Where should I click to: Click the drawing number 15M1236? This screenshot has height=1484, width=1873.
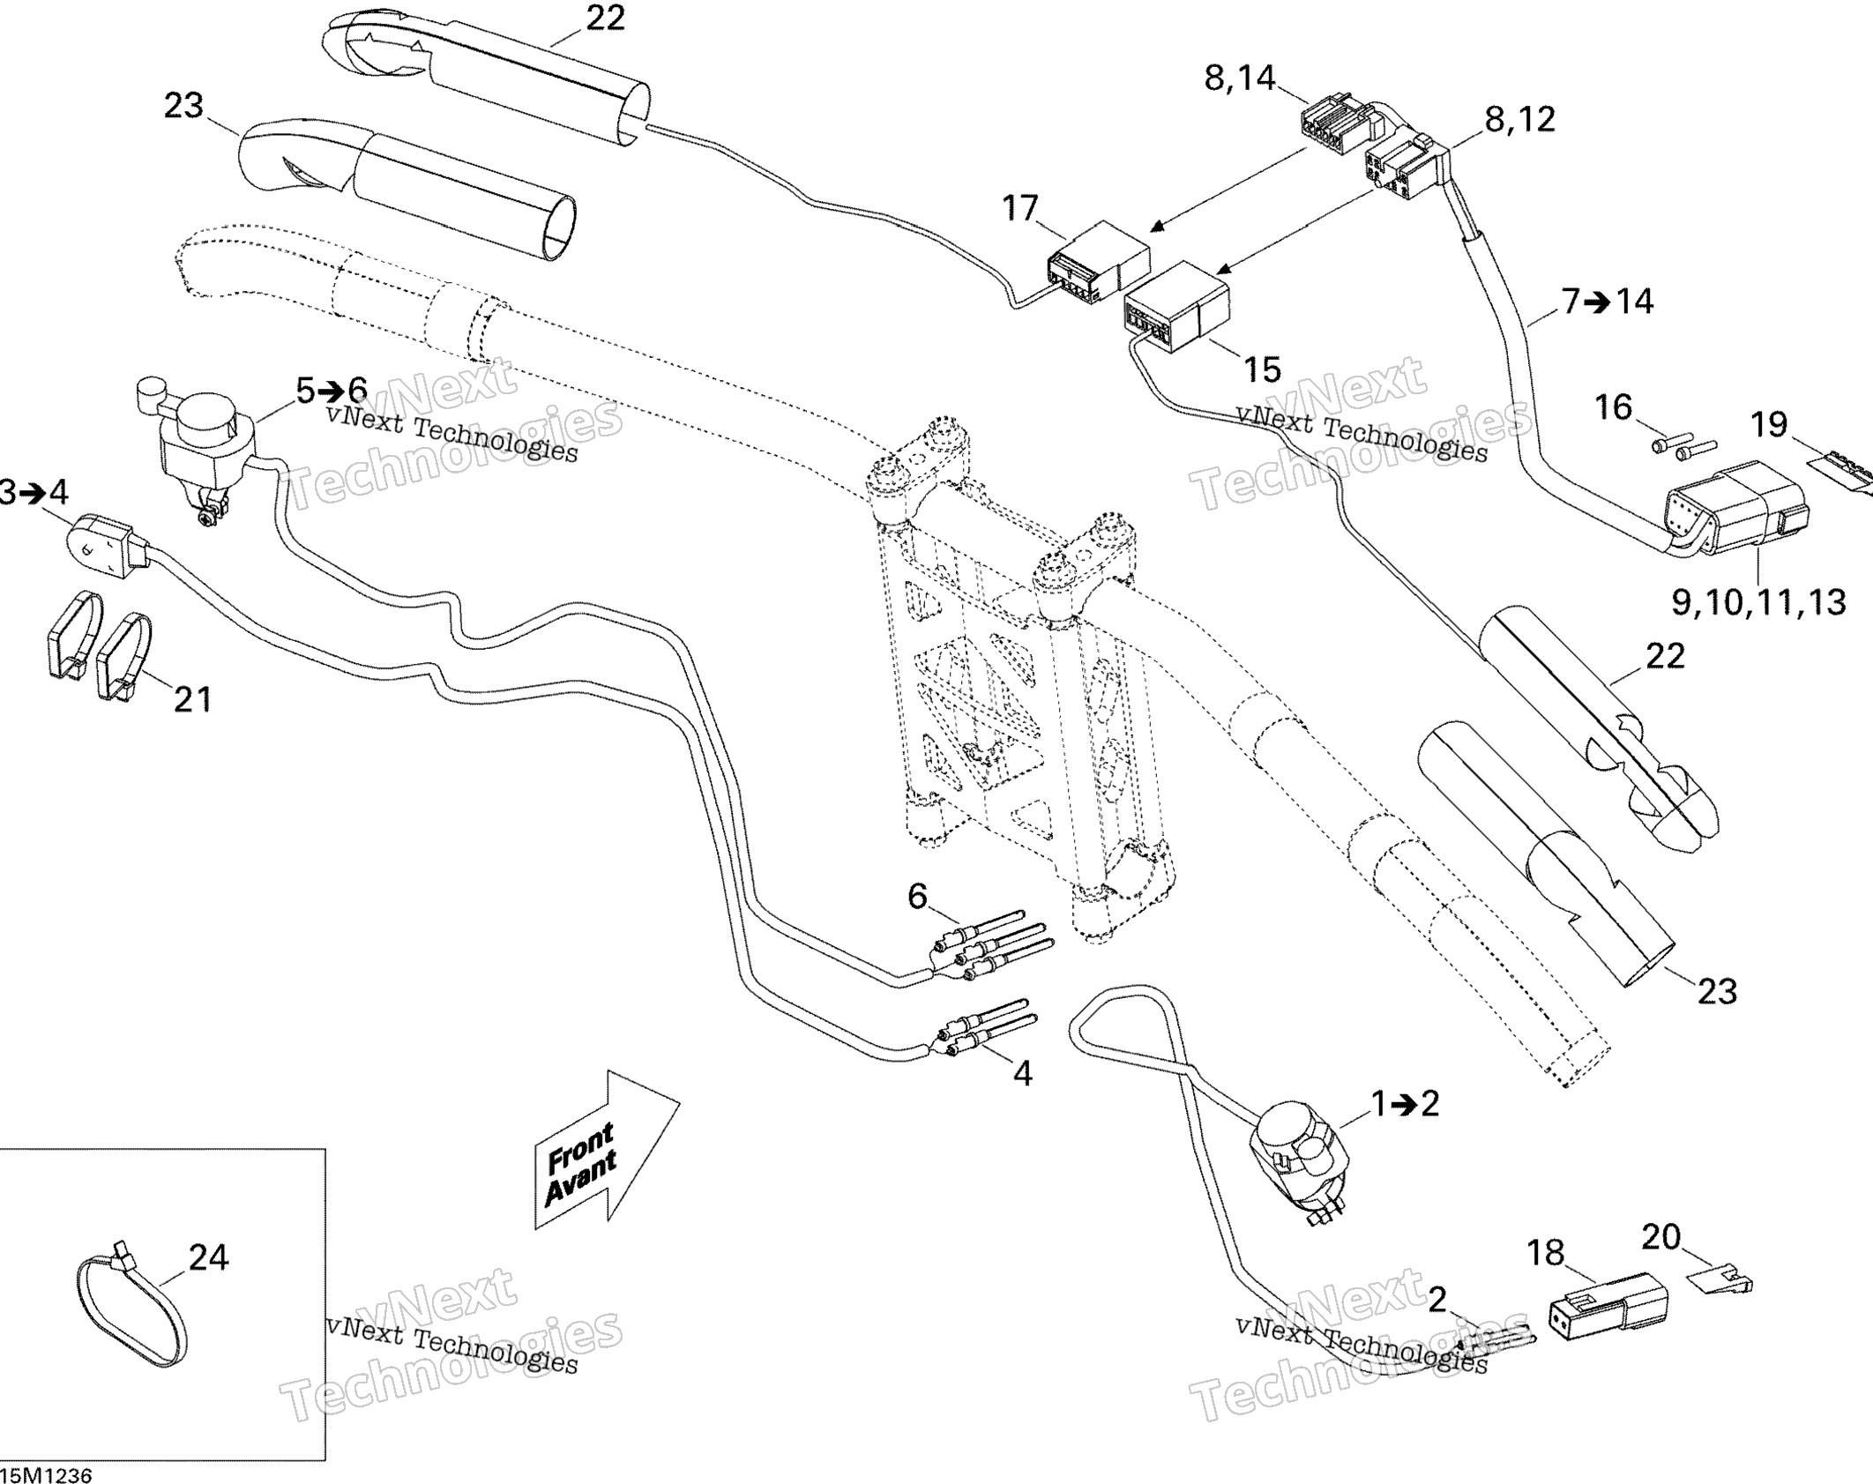point(46,1474)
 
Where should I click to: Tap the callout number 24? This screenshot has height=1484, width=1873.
point(208,1257)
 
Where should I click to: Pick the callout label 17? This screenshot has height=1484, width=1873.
point(1020,209)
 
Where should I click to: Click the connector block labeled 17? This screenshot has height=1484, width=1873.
point(1097,262)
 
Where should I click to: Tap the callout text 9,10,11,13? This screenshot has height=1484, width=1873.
point(1758,602)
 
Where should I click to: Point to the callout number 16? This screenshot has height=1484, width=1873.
point(1614,407)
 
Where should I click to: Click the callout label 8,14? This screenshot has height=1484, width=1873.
point(1240,78)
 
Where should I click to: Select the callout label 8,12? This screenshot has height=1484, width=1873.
point(1520,119)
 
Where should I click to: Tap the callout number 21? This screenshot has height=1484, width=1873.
point(193,699)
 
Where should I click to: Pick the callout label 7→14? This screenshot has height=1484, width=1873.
point(1608,302)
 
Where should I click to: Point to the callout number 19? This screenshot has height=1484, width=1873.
point(1768,425)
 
